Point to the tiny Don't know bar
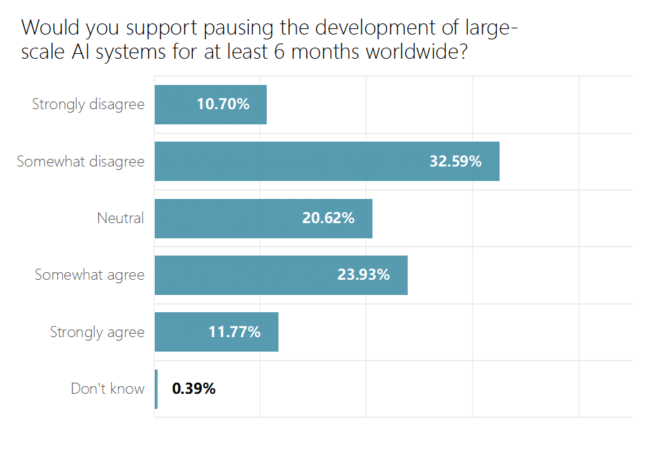pos(156,389)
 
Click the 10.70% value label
pos(223,105)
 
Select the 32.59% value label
pos(455,162)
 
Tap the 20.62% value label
pos(328,218)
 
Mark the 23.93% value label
pos(363,275)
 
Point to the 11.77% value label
pos(234,332)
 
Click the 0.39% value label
pos(193,389)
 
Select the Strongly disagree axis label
pos(88,105)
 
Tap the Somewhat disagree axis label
pos(81,162)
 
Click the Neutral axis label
pos(120,218)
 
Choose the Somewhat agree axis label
pos(90,275)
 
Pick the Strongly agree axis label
pos(97,332)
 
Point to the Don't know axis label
pos(108,389)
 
